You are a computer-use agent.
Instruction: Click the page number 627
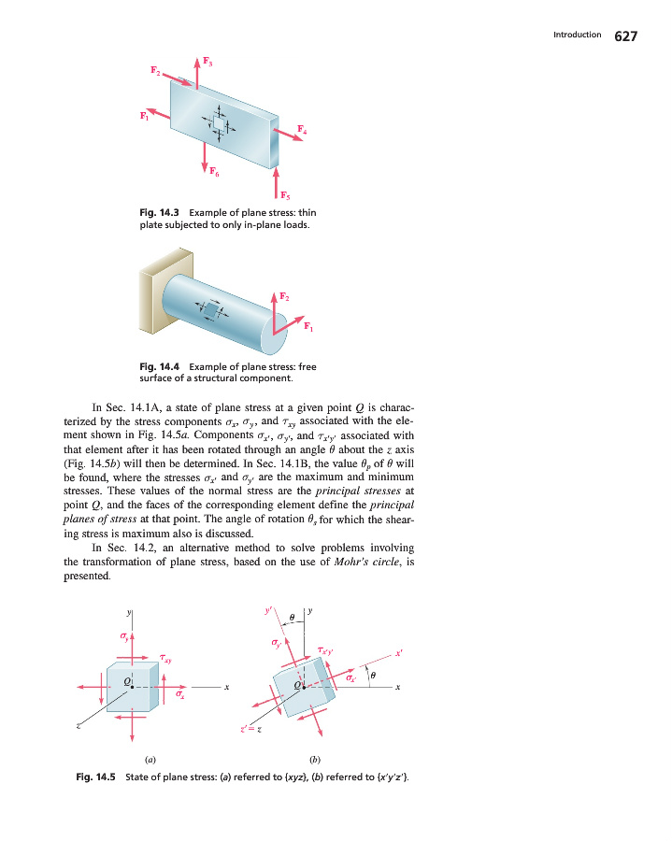pyautogui.click(x=625, y=36)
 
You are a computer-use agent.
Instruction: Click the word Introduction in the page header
pyautogui.click(x=577, y=35)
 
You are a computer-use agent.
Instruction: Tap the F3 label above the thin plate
pyautogui.click(x=209, y=64)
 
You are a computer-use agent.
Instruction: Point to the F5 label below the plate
pyautogui.click(x=285, y=196)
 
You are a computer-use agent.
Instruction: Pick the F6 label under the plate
pyautogui.click(x=214, y=172)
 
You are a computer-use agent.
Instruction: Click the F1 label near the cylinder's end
pyautogui.click(x=308, y=326)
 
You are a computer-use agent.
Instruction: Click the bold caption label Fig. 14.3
pyautogui.click(x=155, y=213)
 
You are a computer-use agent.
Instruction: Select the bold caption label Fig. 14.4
pyautogui.click(x=155, y=367)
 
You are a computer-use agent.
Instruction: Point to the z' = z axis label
pyautogui.click(x=250, y=729)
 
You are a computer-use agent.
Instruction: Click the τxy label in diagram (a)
pyautogui.click(x=165, y=658)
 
